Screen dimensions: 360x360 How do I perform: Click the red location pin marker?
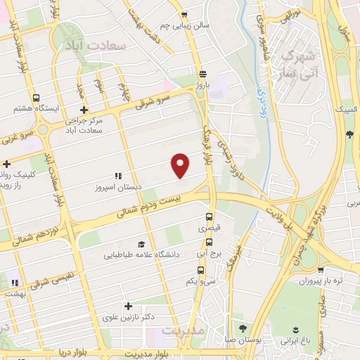181,165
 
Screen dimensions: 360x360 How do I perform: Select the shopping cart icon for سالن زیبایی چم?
184,13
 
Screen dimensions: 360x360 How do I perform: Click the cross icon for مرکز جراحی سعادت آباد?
84,110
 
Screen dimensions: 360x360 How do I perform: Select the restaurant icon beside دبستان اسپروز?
117,175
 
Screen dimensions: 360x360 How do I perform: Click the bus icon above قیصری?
209,217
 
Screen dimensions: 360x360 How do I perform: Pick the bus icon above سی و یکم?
201,269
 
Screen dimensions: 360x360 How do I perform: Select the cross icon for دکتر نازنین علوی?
127,306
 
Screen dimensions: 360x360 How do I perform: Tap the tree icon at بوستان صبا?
243,328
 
